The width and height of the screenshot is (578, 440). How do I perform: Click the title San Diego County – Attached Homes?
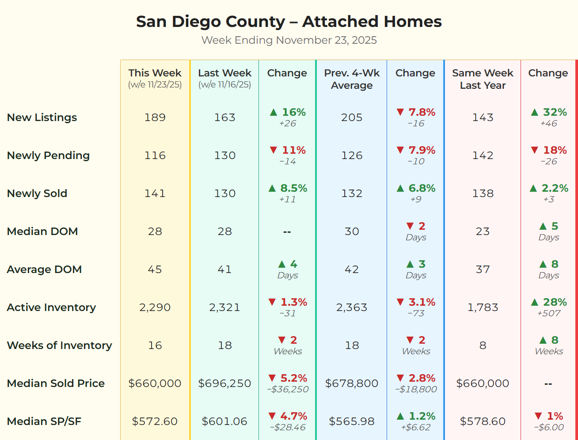[289, 21]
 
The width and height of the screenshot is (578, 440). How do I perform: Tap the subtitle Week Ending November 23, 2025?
[289, 40]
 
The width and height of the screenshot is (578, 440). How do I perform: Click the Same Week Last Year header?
[483, 79]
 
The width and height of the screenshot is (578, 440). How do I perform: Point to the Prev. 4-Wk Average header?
[352, 79]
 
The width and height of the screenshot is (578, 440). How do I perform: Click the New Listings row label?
[42, 118]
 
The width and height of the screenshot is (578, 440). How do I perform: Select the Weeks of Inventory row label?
[60, 345]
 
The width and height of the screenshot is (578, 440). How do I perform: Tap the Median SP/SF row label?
[44, 421]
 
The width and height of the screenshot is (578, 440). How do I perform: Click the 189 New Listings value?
[155, 118]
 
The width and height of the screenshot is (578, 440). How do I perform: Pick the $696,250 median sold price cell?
[224, 383]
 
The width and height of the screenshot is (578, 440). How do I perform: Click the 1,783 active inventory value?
[483, 307]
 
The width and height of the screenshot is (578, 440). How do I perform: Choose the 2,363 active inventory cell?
[352, 307]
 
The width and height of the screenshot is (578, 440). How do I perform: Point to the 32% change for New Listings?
[555, 112]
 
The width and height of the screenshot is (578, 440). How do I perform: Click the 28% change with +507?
[555, 302]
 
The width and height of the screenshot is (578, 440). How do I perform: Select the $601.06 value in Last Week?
[224, 421]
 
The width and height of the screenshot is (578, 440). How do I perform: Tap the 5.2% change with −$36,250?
[293, 378]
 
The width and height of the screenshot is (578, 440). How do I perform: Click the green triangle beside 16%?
[274, 112]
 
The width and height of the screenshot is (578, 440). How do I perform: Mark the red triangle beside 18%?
[535, 150]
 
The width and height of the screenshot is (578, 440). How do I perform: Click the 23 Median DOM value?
[483, 231]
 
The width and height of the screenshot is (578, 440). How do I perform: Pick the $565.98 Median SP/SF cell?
[352, 421]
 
